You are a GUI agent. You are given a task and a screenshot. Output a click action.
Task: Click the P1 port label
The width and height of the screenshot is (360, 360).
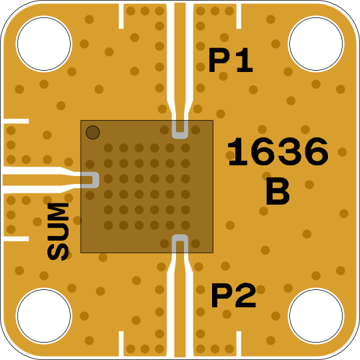tap(231, 60)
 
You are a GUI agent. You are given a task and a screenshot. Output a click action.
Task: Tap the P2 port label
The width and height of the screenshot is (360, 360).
tap(233, 295)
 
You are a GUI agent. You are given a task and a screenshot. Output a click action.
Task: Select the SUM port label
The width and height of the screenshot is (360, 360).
tap(58, 232)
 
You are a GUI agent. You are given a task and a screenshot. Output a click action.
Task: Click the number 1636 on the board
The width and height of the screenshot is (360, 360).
tap(278, 151)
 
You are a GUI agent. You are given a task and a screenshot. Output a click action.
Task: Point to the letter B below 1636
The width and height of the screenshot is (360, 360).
tap(278, 192)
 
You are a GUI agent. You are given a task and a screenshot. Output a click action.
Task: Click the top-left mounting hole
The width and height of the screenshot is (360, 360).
tap(44, 43)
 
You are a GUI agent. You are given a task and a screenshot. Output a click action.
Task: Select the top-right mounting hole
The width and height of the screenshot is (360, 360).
tap(316, 43)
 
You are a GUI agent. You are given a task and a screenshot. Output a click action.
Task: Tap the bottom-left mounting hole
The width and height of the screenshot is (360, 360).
tap(44, 316)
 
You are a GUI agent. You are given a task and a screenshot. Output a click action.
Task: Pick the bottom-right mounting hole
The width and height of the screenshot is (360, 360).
tap(316, 316)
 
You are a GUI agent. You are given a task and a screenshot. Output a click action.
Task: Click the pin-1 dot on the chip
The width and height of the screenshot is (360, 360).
tap(93, 132)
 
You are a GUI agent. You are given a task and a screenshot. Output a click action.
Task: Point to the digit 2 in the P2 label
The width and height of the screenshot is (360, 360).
tap(246, 295)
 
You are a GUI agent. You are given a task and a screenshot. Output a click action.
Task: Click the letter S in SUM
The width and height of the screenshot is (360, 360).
tap(58, 252)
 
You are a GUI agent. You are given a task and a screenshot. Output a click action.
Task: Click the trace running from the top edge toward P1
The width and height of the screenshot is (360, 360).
tap(180, 62)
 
